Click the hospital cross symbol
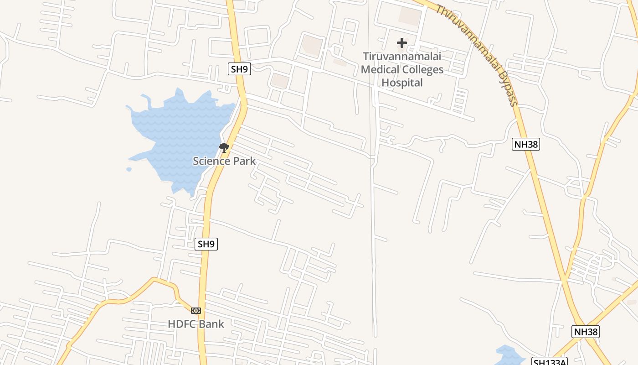click(401, 43)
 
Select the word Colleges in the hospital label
click(423, 70)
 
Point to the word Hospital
click(402, 83)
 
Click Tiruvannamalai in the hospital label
click(402, 57)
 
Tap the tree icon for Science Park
click(224, 148)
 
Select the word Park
click(246, 161)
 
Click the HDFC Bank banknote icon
click(196, 311)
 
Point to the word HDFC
click(183, 324)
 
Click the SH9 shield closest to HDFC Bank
click(206, 244)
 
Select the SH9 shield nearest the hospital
click(239, 69)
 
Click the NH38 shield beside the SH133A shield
click(586, 332)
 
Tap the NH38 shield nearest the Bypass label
click(526, 145)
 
